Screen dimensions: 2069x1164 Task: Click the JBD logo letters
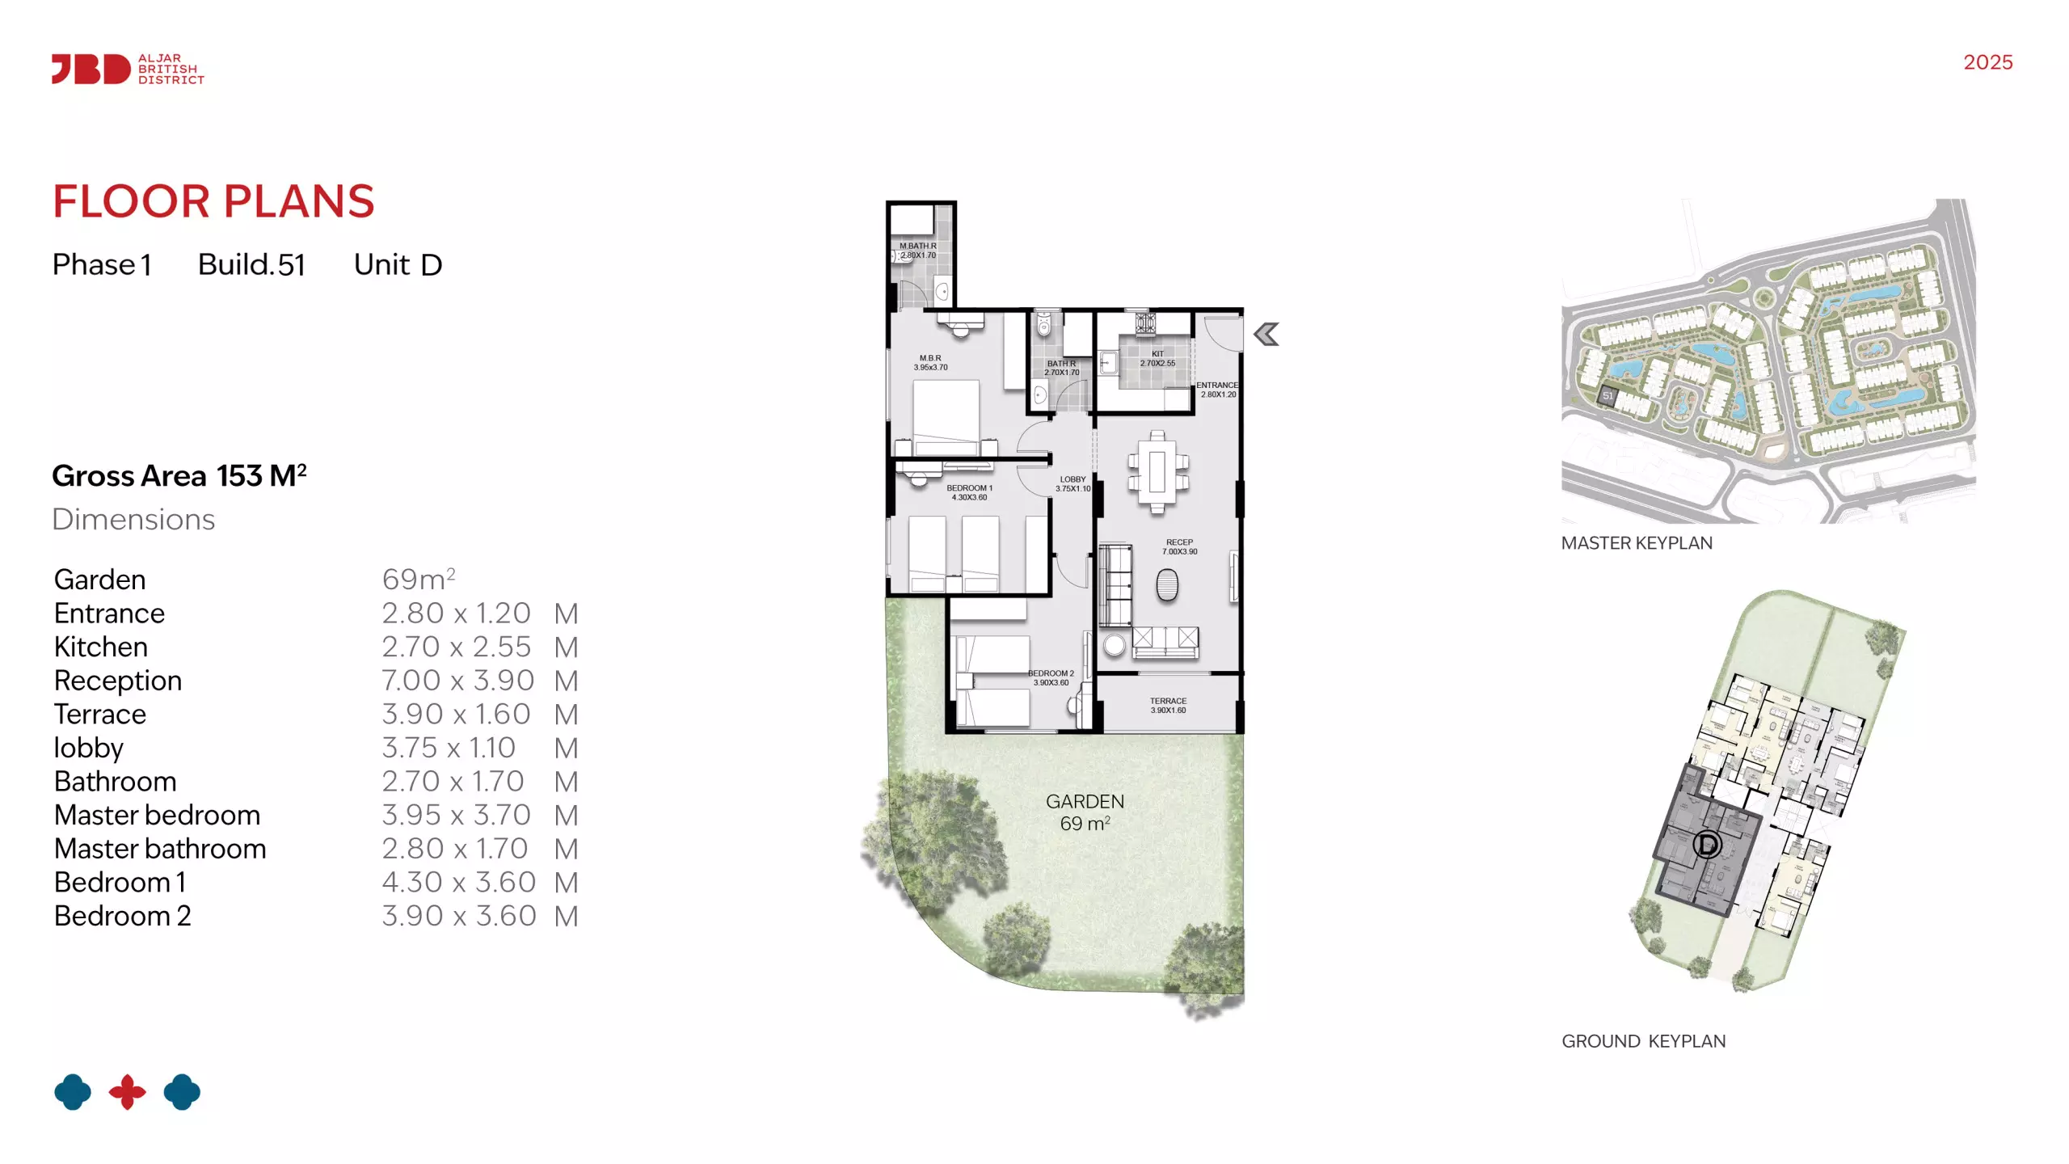[x=91, y=69]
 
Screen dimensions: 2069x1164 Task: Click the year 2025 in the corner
[x=1987, y=62]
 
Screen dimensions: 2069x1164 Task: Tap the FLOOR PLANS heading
[x=213, y=201]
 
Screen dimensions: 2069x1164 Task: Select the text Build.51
[x=251, y=264]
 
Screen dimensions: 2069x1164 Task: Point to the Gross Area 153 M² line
[x=179, y=475]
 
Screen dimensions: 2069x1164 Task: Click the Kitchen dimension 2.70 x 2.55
[x=456, y=647]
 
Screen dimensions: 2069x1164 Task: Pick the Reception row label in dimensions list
[x=118, y=681]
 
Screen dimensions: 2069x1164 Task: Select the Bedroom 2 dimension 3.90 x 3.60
[x=458, y=916]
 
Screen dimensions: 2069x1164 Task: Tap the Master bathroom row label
[x=160, y=849]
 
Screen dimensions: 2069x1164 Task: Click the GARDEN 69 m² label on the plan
[x=1085, y=812]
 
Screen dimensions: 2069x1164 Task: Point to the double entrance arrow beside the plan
[x=1266, y=334]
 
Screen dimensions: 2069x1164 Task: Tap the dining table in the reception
[x=1157, y=471]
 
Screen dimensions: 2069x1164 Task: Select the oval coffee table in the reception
[x=1167, y=584]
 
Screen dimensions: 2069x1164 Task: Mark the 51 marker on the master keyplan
[x=1608, y=396]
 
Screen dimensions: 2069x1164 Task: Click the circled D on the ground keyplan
[x=1707, y=845]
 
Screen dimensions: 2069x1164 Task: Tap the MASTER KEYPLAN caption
[x=1637, y=543]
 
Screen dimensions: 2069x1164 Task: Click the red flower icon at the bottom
[x=128, y=1092]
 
